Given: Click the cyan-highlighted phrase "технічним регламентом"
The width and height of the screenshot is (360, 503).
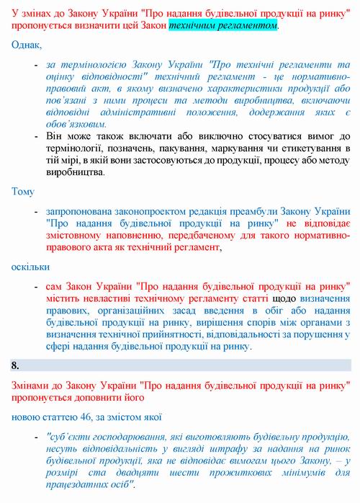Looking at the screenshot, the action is point(223,25).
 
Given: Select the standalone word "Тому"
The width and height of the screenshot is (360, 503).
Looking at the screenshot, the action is point(23,192).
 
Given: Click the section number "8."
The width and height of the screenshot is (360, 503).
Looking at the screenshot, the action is point(15,366).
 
